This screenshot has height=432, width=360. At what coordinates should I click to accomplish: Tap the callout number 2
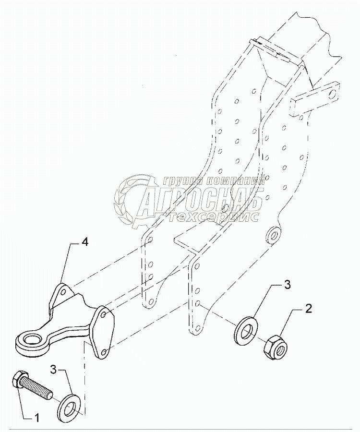tap(309, 308)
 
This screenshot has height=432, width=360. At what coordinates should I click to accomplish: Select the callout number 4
tap(84, 243)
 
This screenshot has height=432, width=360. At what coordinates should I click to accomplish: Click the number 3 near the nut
tap(287, 285)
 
